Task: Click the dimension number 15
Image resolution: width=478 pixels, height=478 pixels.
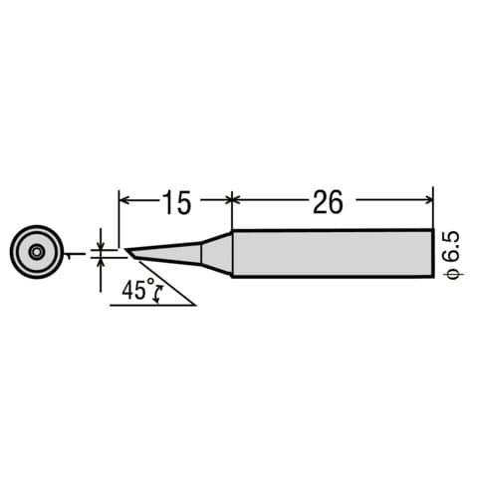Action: (175, 202)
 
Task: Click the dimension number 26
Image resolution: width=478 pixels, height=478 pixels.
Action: (328, 202)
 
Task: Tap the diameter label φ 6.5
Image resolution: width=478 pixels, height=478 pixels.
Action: (449, 253)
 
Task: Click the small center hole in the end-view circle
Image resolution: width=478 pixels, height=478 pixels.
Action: (36, 252)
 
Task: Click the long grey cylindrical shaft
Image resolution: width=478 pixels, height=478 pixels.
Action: (333, 253)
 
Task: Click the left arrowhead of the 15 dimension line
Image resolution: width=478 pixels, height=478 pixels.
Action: (124, 199)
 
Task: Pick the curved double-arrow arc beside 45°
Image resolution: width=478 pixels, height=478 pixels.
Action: (161, 293)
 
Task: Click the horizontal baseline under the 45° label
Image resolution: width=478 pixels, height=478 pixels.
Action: (149, 304)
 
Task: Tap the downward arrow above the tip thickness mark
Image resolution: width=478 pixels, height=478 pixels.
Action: (101, 243)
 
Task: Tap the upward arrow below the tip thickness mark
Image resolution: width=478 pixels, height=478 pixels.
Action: (101, 266)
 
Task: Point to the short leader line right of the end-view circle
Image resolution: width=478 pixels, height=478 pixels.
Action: (72, 255)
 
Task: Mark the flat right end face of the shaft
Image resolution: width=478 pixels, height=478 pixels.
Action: (433, 253)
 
